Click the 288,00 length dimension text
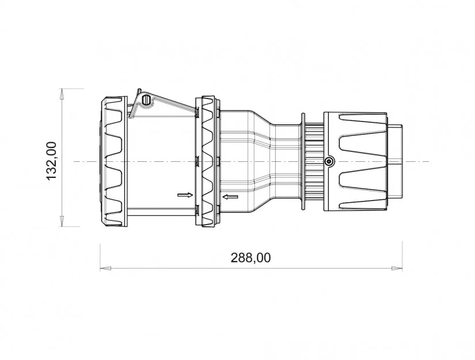(250, 258)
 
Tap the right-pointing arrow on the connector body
(185, 195)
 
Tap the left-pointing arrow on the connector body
(230, 197)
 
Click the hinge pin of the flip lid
(146, 100)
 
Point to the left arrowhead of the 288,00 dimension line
(106, 268)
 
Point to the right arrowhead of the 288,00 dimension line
(397, 268)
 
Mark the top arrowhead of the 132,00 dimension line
(62, 94)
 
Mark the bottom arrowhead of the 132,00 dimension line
(62, 221)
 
